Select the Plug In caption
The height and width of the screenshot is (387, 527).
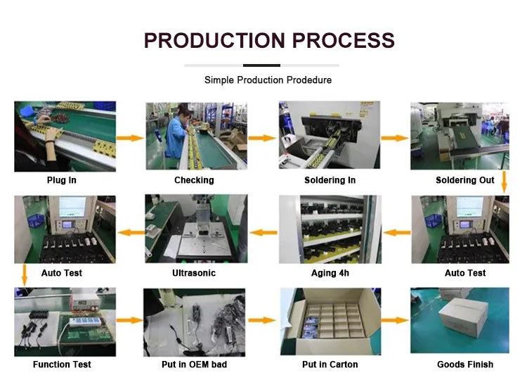tap(62, 180)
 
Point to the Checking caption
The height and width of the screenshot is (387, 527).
tap(194, 180)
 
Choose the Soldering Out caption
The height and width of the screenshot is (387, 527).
tap(465, 180)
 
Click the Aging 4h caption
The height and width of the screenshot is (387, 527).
tap(330, 273)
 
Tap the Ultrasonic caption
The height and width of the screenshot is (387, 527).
tap(194, 273)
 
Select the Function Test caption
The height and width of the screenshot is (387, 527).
tap(62, 364)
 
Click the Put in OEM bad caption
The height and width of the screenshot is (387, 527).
tap(194, 364)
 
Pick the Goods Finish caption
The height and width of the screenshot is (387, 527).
tap(465, 364)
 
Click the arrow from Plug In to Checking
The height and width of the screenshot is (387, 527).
tap(130, 138)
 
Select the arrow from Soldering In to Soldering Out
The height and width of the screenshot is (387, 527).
tap(395, 138)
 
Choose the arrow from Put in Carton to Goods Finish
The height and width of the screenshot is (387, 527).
tap(395, 320)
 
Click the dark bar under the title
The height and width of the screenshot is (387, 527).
tap(261, 65)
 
